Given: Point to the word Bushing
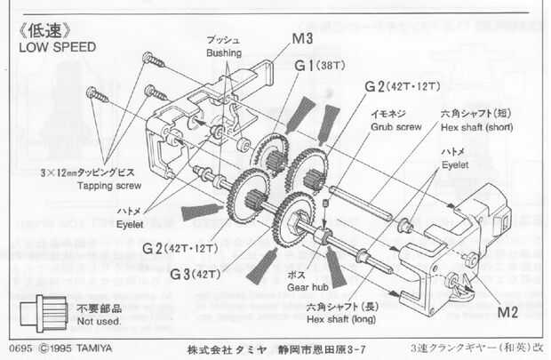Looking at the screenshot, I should click(223, 53).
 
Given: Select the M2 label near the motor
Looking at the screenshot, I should click(507, 313).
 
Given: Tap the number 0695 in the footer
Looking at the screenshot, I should click(19, 348).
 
